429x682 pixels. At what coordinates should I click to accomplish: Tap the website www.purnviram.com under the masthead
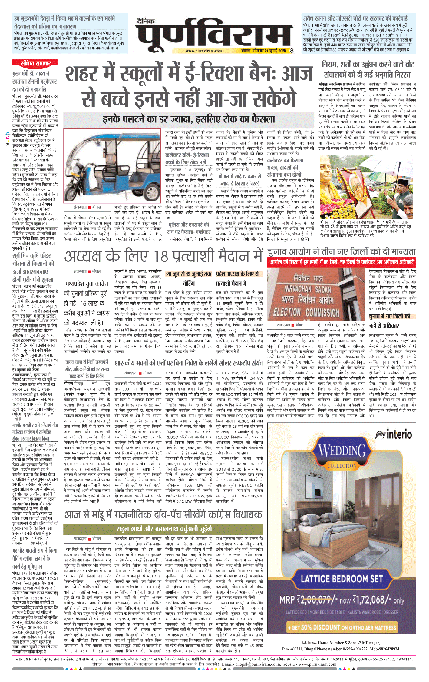pos(203,51)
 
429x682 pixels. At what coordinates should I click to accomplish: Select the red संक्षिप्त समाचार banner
pos(35,63)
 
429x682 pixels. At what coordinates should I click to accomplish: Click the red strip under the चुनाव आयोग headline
pos(342,262)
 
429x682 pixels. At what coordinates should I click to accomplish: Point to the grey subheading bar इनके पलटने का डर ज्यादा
pos(188,119)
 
